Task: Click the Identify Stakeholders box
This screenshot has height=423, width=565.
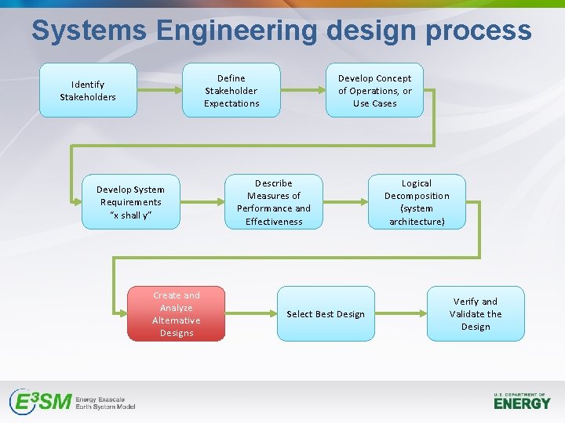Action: (88, 90)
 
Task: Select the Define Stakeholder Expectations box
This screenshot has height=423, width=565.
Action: (231, 90)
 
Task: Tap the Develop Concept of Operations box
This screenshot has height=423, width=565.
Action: (374, 90)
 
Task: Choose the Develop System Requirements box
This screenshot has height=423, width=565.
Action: (130, 201)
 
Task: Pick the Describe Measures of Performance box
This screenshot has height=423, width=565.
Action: (273, 201)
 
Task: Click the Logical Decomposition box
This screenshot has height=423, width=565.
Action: (416, 201)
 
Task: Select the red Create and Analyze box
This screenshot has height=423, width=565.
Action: (176, 313)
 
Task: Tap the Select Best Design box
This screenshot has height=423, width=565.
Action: (325, 313)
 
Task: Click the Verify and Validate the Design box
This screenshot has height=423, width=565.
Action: (475, 313)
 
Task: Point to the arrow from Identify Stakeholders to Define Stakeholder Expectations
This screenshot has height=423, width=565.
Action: (159, 90)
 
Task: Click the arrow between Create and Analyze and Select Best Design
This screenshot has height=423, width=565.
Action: (250, 313)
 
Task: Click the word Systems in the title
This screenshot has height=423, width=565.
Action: (89, 31)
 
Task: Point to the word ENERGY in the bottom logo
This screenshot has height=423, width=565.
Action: (522, 403)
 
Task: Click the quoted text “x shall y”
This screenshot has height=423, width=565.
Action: (130, 215)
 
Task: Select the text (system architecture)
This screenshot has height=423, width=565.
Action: (416, 215)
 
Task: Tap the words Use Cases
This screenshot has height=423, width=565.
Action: (374, 103)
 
